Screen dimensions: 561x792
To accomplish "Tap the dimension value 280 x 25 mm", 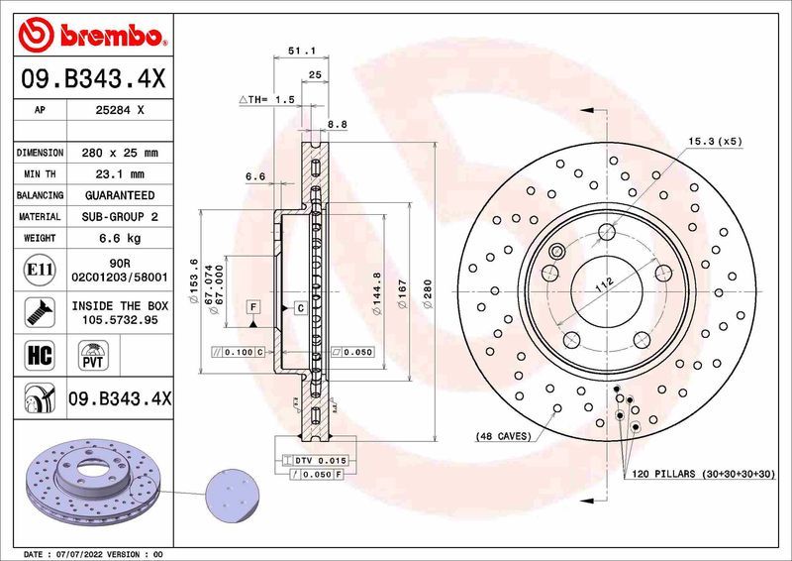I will [122, 154].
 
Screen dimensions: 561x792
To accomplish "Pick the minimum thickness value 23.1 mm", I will [122, 174].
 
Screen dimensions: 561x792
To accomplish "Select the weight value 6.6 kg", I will [122, 238].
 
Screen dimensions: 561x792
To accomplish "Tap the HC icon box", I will [34, 355].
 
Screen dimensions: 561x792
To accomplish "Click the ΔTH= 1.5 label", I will [266, 100].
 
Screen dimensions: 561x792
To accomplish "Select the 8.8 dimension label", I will [337, 124].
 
